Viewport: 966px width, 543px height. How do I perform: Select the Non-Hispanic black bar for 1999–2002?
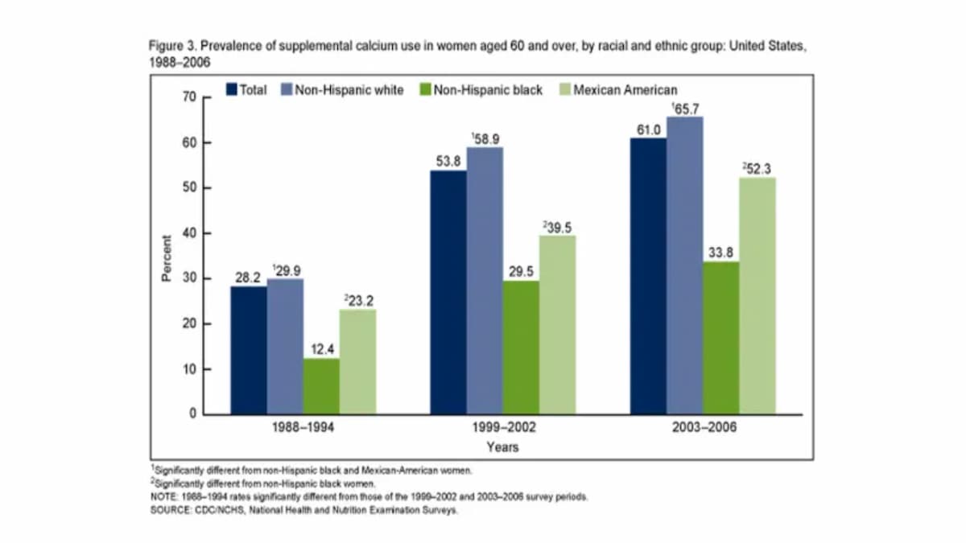click(x=521, y=347)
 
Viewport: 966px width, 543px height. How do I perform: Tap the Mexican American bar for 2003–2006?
click(x=758, y=295)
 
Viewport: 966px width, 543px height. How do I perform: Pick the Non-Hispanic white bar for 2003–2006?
click(x=684, y=265)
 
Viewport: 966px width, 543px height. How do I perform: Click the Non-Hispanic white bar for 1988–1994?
click(x=285, y=346)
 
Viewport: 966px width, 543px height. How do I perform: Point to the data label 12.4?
click(x=321, y=348)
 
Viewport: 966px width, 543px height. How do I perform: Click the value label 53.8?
click(x=448, y=160)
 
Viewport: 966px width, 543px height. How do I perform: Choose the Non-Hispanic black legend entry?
click(x=481, y=90)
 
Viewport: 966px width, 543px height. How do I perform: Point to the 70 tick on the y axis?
click(x=191, y=97)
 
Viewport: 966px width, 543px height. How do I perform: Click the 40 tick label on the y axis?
click(x=191, y=233)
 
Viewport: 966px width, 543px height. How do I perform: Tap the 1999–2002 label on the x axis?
click(x=503, y=429)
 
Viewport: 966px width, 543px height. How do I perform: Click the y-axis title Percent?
click(x=167, y=257)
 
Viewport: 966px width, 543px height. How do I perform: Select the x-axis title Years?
click(x=502, y=447)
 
